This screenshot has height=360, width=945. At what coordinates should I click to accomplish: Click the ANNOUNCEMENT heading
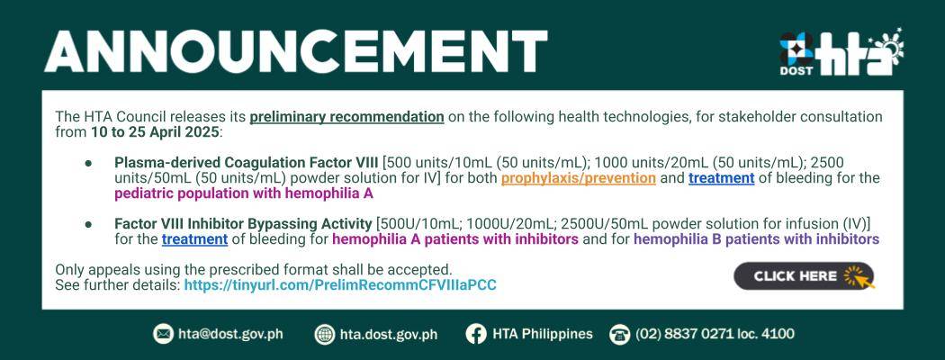coord(295,51)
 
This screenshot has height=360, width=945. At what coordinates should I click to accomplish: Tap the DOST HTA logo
coord(841,52)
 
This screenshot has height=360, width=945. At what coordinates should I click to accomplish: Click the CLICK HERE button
coord(804,276)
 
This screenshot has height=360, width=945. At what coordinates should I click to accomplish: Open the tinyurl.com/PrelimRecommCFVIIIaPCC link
coord(340,285)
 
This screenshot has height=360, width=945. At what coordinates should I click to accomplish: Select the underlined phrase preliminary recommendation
coord(347,116)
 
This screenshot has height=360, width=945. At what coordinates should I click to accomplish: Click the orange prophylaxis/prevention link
coord(579,178)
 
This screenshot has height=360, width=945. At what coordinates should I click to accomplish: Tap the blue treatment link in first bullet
coord(722,178)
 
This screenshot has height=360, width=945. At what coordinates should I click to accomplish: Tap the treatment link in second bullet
coord(194,239)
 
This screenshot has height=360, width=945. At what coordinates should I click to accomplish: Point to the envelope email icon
coord(163,334)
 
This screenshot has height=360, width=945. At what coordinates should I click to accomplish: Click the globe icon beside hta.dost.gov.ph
coord(325,334)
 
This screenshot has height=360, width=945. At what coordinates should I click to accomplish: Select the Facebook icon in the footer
coord(475,334)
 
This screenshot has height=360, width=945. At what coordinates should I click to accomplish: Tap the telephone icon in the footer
coord(619,334)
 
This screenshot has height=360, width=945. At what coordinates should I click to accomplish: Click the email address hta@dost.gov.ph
coord(230,334)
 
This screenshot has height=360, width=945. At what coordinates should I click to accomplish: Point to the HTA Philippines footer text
coord(543,334)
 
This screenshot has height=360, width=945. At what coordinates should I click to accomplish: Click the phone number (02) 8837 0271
coord(689,334)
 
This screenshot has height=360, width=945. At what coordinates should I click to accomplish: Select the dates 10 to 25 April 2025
coord(155,132)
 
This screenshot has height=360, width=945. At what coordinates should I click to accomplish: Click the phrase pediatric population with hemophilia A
coord(244,193)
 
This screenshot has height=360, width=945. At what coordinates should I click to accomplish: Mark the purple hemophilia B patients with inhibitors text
coord(756,239)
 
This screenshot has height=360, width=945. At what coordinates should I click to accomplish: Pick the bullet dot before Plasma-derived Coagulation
coord(88,163)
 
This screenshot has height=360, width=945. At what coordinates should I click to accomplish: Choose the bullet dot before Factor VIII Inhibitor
coord(88,224)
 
